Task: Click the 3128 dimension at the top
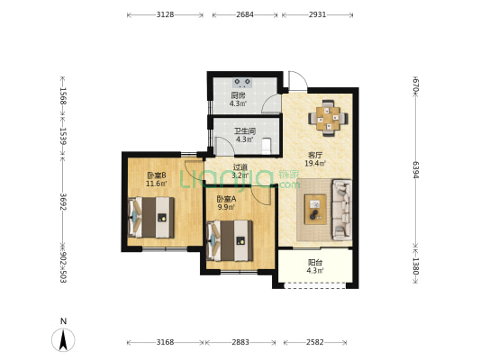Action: (x=165, y=14)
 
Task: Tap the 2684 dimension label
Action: (x=245, y=14)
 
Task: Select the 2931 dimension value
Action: (x=317, y=14)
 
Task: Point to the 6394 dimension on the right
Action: (x=415, y=169)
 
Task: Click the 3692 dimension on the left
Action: (x=63, y=202)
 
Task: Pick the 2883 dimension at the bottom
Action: (x=240, y=342)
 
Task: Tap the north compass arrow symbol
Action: (x=63, y=340)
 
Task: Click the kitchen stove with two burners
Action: (x=242, y=83)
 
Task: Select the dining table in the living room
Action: (x=328, y=118)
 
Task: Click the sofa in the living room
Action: (x=341, y=210)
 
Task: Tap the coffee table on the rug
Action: (x=315, y=209)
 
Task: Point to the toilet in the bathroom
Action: (x=267, y=146)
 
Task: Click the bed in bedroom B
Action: (x=151, y=217)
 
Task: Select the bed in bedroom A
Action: (x=230, y=240)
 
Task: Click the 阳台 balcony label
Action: (x=315, y=263)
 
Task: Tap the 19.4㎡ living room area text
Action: (x=315, y=163)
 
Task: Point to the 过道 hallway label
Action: (x=240, y=167)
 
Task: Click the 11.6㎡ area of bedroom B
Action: (x=157, y=184)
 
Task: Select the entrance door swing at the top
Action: (x=298, y=81)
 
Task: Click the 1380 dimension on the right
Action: (x=415, y=265)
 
